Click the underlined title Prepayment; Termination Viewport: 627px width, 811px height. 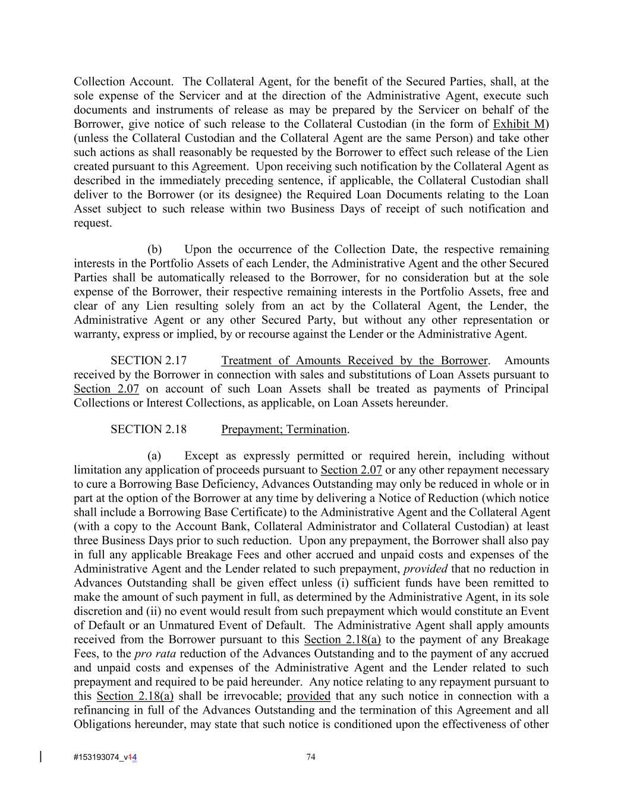point(284,430)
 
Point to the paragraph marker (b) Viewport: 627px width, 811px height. point(155,250)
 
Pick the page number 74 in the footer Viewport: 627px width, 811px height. point(311,757)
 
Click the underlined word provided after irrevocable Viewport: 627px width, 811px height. point(308,696)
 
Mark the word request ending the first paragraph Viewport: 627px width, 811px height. point(92,223)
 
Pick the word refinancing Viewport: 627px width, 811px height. point(103,711)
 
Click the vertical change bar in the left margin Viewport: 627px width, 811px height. point(40,756)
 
